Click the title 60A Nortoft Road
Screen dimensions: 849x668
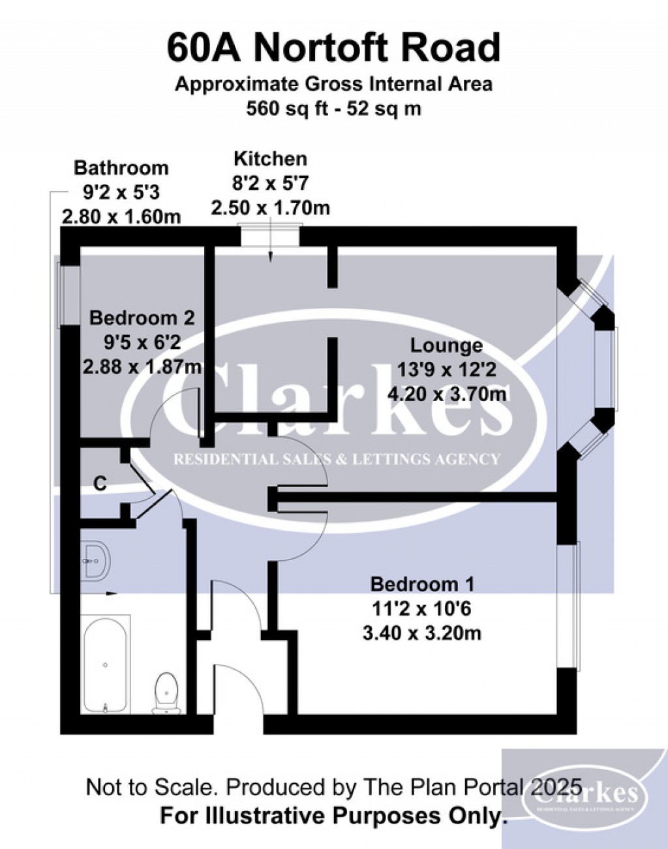coord(333,48)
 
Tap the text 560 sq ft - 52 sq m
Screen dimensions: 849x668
coord(333,108)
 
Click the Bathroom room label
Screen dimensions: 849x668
coord(121,168)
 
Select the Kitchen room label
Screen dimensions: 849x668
coord(270,159)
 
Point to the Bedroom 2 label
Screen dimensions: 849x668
coord(142,318)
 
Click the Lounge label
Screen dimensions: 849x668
coord(446,346)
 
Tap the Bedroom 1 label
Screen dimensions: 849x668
coord(422,584)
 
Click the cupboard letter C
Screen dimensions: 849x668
coord(100,483)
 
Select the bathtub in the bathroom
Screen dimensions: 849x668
coord(105,664)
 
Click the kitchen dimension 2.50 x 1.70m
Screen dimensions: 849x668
coord(270,208)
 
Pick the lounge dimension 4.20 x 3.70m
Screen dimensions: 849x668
coord(446,394)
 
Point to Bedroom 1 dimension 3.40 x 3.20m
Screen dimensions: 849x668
coord(422,633)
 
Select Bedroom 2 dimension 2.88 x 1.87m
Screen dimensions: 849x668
coord(142,366)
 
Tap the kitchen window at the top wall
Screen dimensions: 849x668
coord(270,235)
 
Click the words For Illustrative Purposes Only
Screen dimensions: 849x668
coord(333,815)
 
